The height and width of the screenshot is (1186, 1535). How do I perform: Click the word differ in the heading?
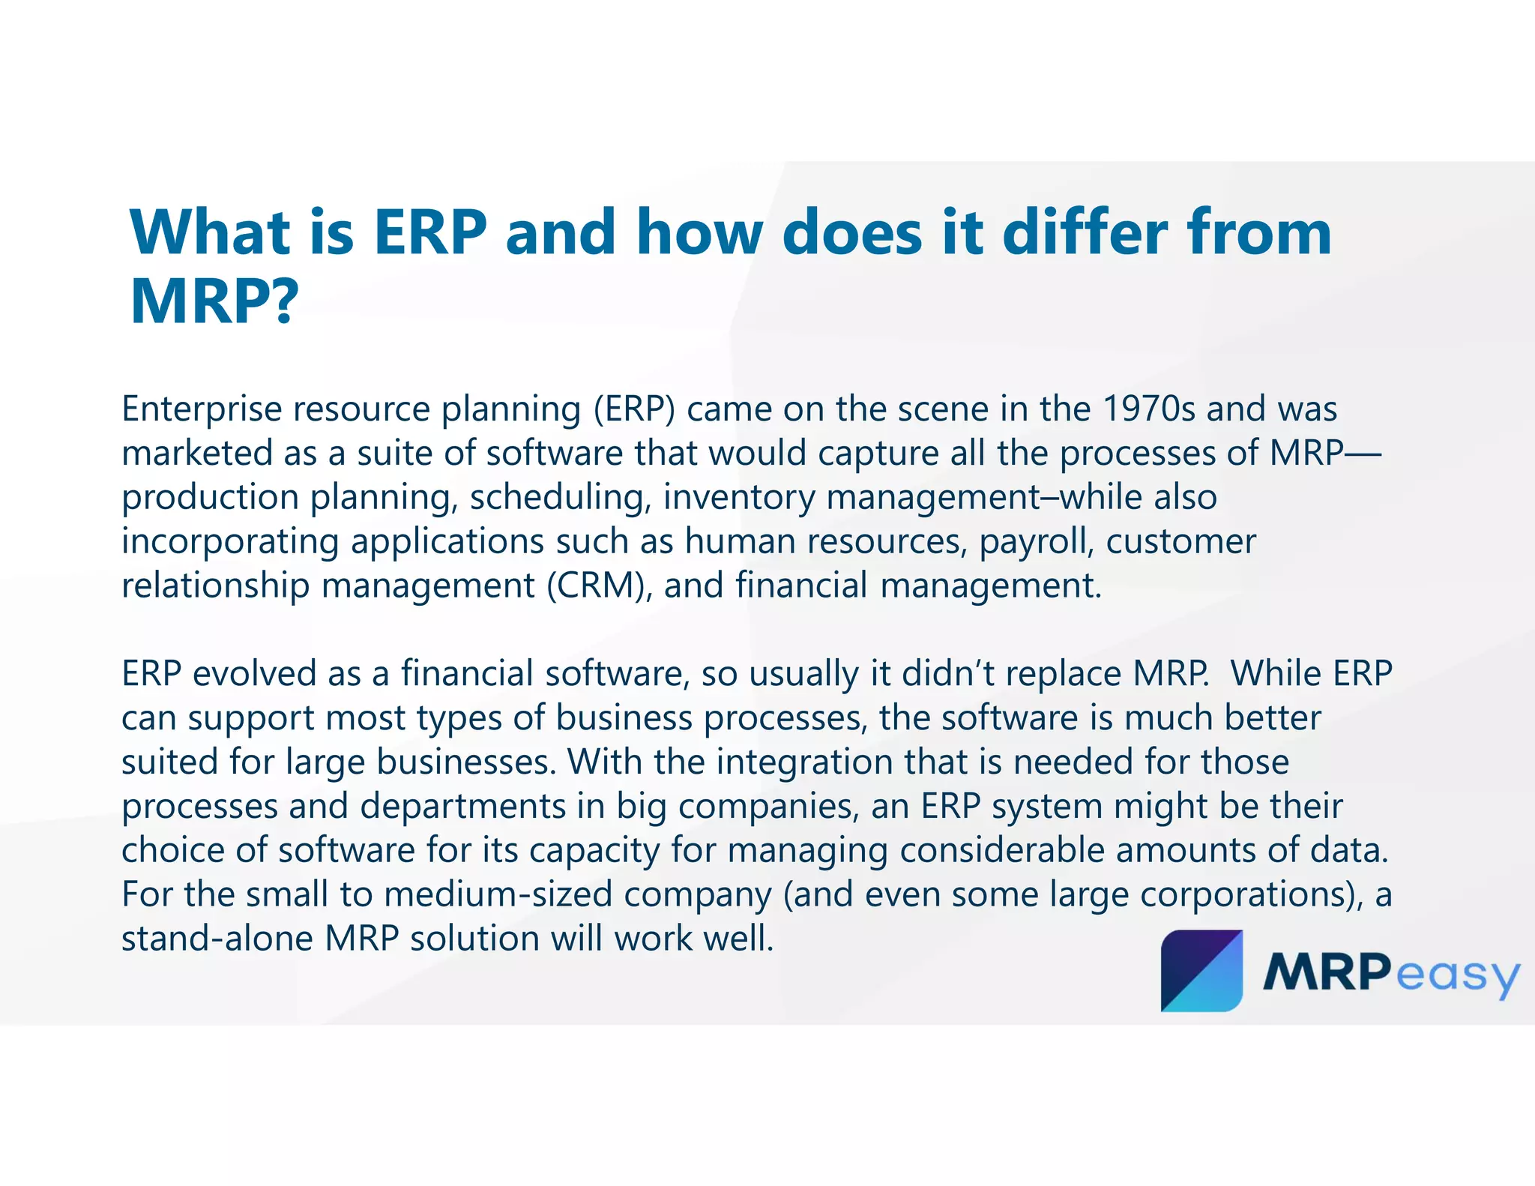tap(1085, 232)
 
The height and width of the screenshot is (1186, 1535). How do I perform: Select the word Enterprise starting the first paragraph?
tap(201, 410)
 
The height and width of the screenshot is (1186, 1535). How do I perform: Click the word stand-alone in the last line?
tap(217, 939)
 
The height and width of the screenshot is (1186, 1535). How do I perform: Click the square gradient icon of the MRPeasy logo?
tap(1201, 971)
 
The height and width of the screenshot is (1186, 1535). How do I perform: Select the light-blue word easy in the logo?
tap(1457, 975)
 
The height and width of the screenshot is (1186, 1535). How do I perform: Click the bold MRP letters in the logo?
tap(1325, 973)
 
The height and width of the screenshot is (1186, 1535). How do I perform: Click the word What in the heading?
tap(211, 232)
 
